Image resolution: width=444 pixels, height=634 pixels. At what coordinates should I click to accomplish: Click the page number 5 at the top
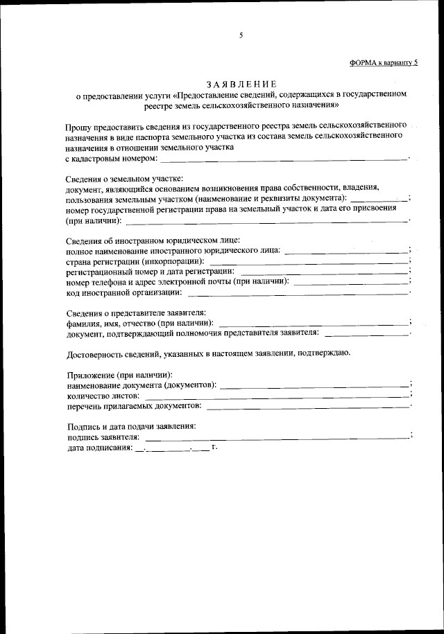pos(241,35)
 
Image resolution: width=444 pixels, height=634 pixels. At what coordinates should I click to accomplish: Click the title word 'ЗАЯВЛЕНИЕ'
pos(241,83)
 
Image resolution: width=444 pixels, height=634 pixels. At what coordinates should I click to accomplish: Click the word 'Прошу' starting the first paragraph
pos(80,127)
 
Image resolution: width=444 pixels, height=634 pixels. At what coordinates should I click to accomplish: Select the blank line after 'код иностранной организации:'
pos(298,292)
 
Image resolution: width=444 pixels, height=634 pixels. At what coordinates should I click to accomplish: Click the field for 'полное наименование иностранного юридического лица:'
pos(346,252)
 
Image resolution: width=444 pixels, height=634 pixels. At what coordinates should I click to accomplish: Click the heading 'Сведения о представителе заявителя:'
pos(136,312)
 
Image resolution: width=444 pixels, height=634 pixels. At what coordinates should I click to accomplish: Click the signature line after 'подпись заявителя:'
pos(277,437)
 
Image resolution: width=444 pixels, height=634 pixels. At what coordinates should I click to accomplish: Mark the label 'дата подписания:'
pos(99,448)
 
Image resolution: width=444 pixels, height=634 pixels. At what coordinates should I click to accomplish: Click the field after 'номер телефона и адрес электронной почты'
pos(351,283)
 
